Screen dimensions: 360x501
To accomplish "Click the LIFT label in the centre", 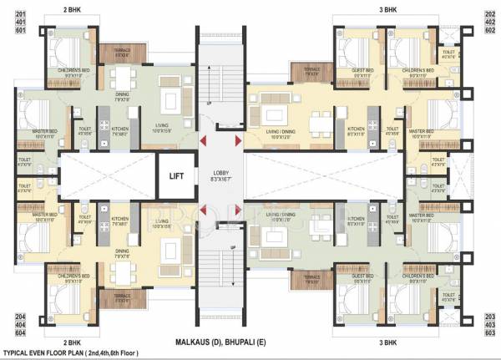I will (175, 176).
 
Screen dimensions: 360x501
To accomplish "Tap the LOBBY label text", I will (221, 172).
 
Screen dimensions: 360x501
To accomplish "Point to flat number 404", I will (16, 324).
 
